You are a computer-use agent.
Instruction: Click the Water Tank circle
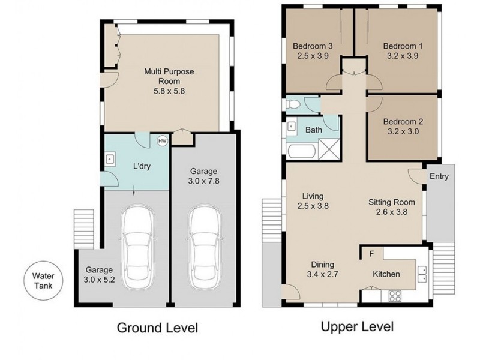coord(44,281)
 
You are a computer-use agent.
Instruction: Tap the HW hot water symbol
coord(162,141)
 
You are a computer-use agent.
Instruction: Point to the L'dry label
coord(142,166)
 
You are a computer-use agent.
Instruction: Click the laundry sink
coord(110,159)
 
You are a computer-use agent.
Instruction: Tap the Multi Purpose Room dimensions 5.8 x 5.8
coord(169,91)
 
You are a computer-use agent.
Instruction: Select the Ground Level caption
coord(157,328)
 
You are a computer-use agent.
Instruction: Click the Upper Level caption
coord(357,326)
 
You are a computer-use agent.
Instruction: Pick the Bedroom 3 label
coord(313,46)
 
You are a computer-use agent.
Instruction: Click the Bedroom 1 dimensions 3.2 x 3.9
coord(403,56)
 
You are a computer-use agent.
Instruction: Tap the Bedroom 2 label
coord(403,122)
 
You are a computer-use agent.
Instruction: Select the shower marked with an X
coord(329,149)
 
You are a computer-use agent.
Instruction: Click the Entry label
coord(439,176)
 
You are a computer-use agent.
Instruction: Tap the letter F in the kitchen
coord(371,254)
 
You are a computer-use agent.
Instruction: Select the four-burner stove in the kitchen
coord(395,296)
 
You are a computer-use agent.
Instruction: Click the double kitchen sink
coord(422,274)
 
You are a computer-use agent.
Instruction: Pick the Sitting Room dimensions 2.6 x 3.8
coord(392,212)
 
